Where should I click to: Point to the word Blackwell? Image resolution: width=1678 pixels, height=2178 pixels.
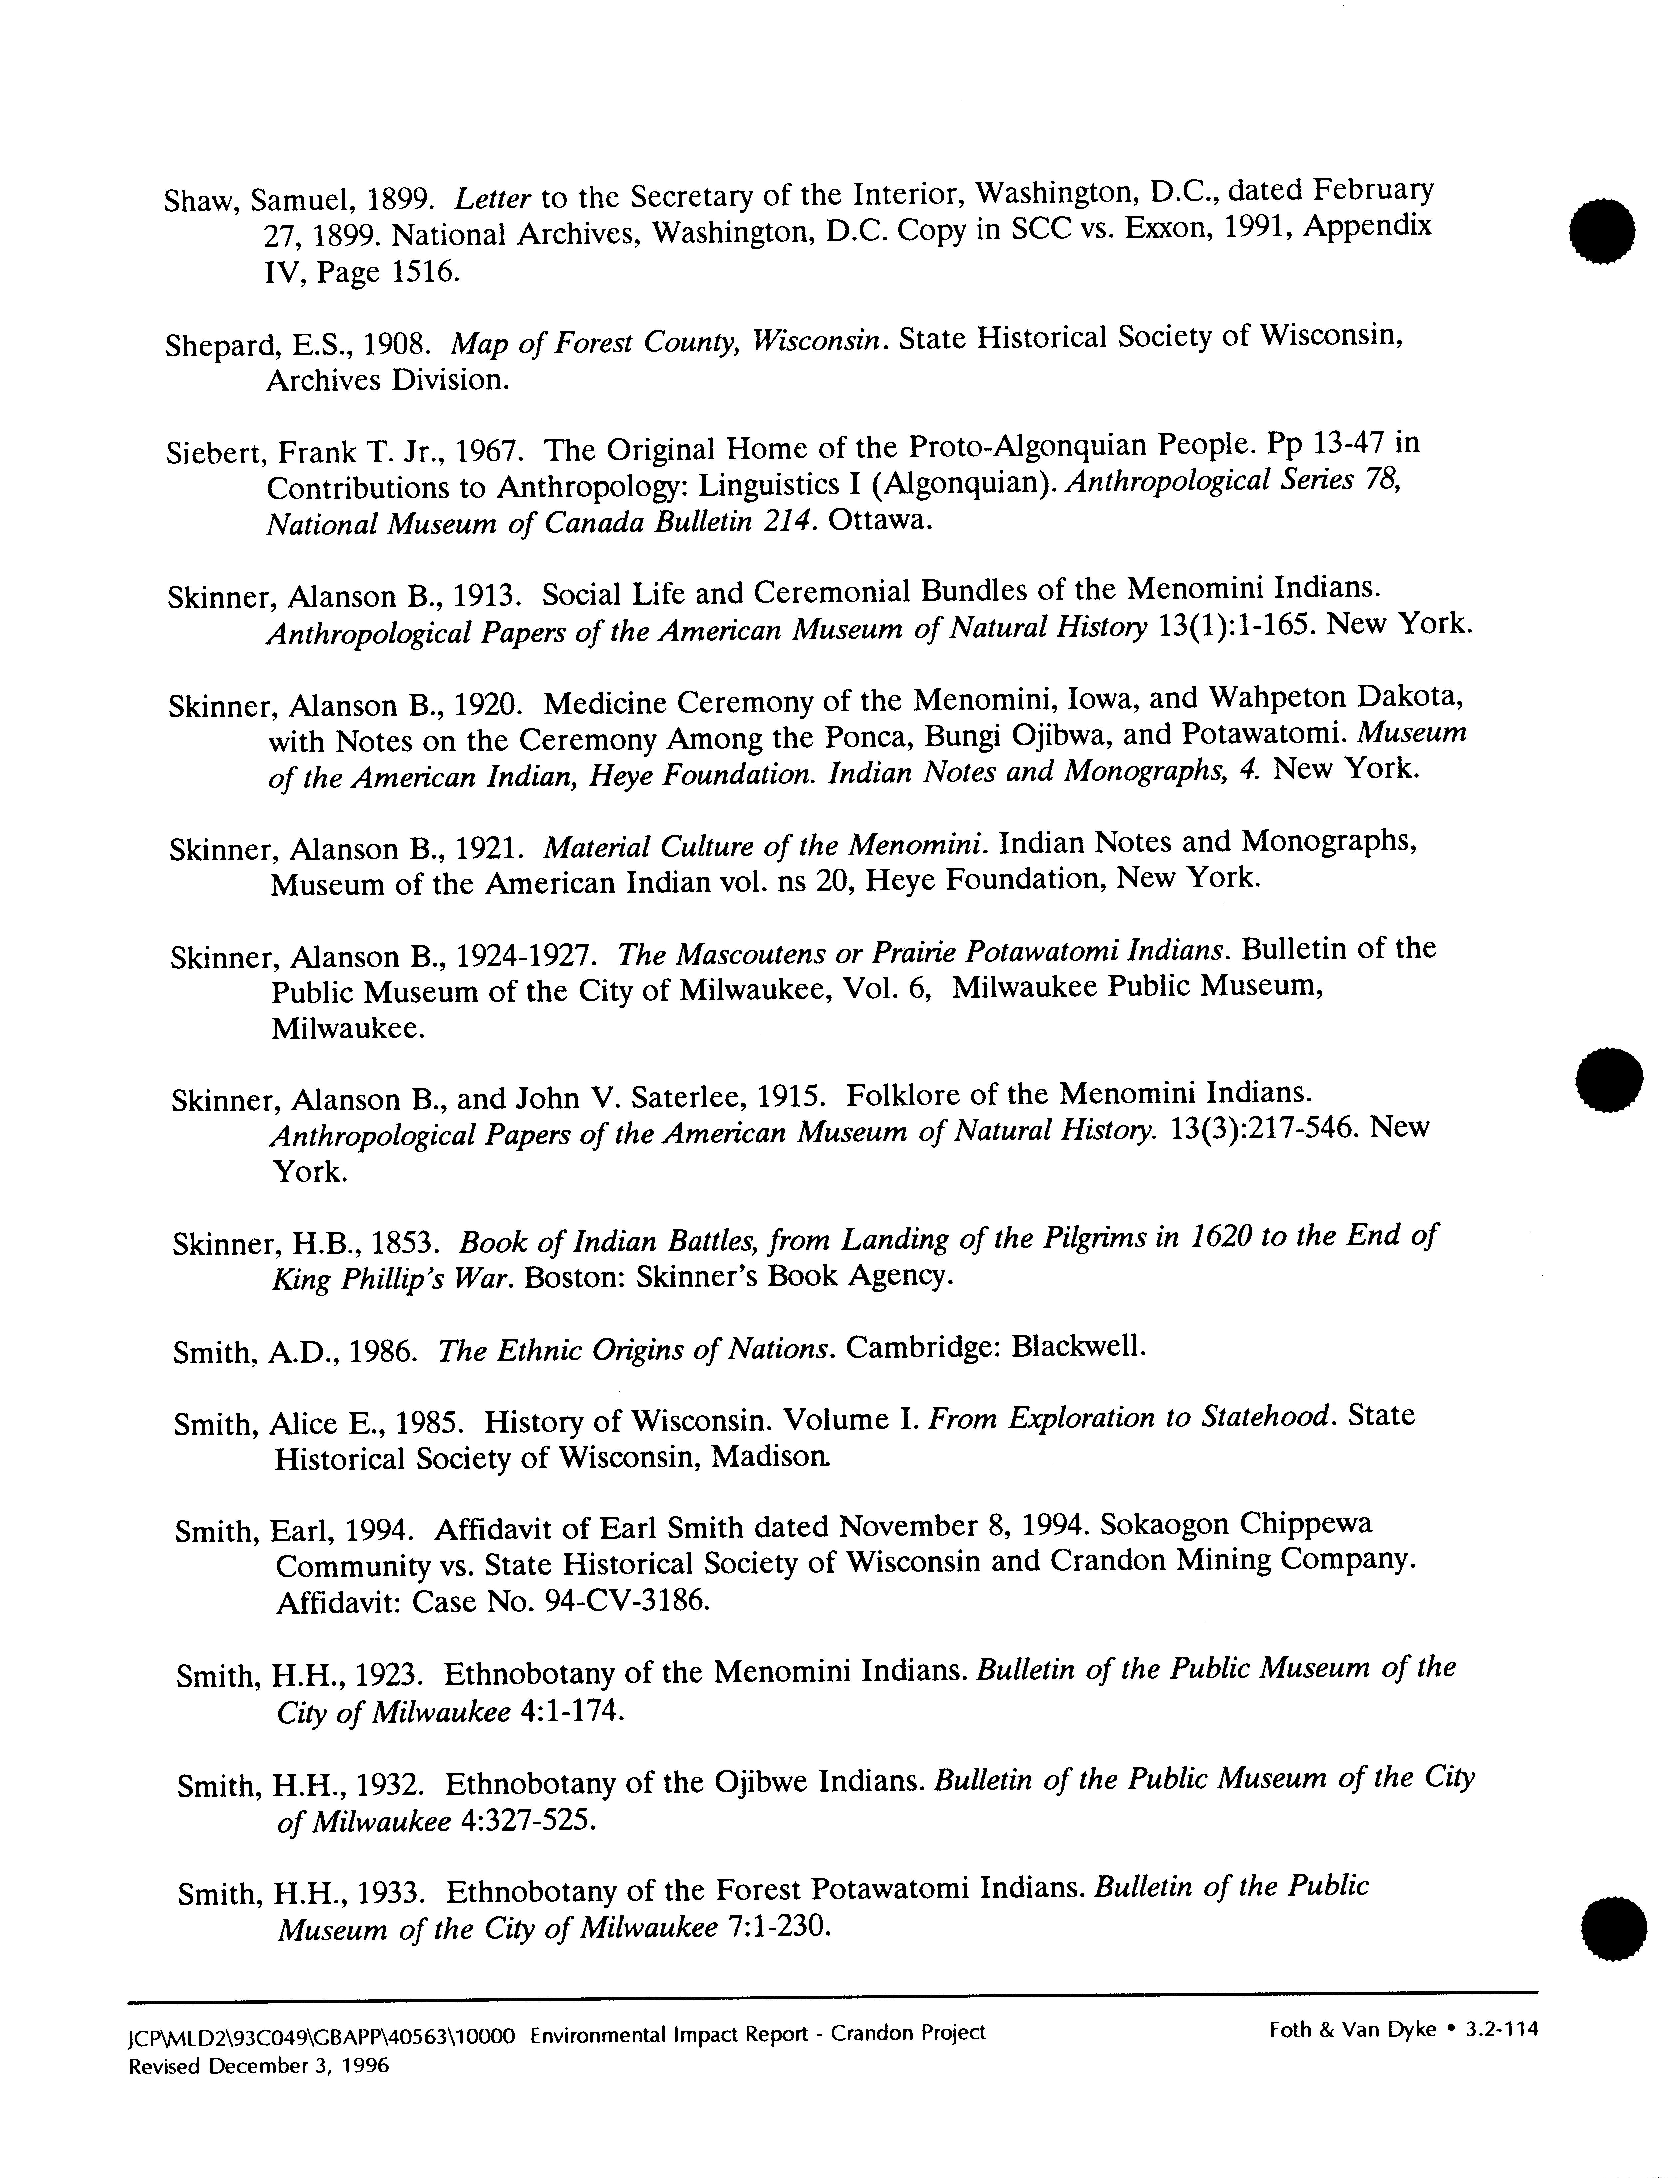coord(1078,1348)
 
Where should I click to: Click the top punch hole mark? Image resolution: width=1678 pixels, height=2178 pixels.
coord(1601,231)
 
